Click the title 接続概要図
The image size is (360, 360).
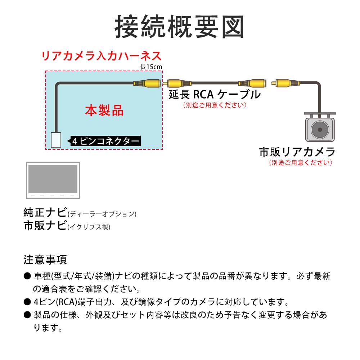pos(179,27)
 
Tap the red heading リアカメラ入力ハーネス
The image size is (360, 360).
pos(102,56)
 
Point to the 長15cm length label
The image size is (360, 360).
pos(151,67)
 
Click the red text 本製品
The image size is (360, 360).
pos(104,111)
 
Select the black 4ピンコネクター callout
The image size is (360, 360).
pos(105,141)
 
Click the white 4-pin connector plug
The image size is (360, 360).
pos(56,140)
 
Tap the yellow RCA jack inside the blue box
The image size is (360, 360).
pos(147,83)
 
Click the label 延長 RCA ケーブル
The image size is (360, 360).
pos(215,94)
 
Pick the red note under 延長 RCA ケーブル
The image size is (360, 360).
pos(215,105)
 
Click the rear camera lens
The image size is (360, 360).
pos(320,130)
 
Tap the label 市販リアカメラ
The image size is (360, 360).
pos(297,152)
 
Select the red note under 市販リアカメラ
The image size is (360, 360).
pos(301,163)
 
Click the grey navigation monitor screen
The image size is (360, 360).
pos(53,179)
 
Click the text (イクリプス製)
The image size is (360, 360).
pos(89,227)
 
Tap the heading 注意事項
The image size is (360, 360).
pos(45,260)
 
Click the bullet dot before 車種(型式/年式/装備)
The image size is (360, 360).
pos(27,276)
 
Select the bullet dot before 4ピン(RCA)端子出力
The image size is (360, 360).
pos(27,302)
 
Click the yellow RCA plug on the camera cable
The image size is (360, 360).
pos(285,83)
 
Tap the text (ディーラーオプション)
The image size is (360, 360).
pos(102,214)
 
